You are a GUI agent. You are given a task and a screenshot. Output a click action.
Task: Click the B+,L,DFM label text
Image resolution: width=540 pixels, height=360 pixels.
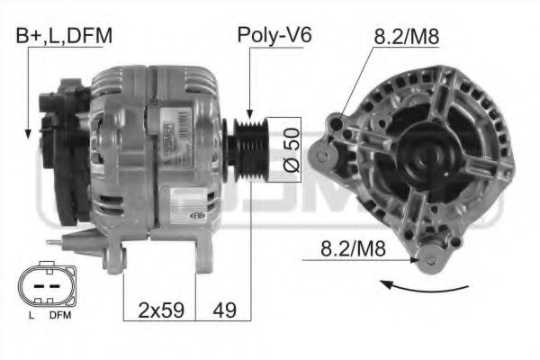[64, 36]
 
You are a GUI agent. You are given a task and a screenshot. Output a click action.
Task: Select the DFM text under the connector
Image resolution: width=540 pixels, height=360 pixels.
[59, 317]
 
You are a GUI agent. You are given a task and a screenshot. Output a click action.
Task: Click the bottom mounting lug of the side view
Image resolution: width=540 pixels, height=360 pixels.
[112, 262]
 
